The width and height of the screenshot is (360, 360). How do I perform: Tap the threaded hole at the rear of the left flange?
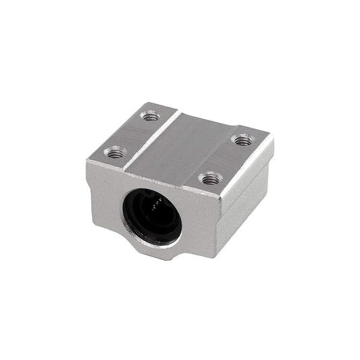149,116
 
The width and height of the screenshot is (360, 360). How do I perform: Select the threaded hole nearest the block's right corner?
242,140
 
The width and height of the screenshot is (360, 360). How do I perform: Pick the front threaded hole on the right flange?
211,179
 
